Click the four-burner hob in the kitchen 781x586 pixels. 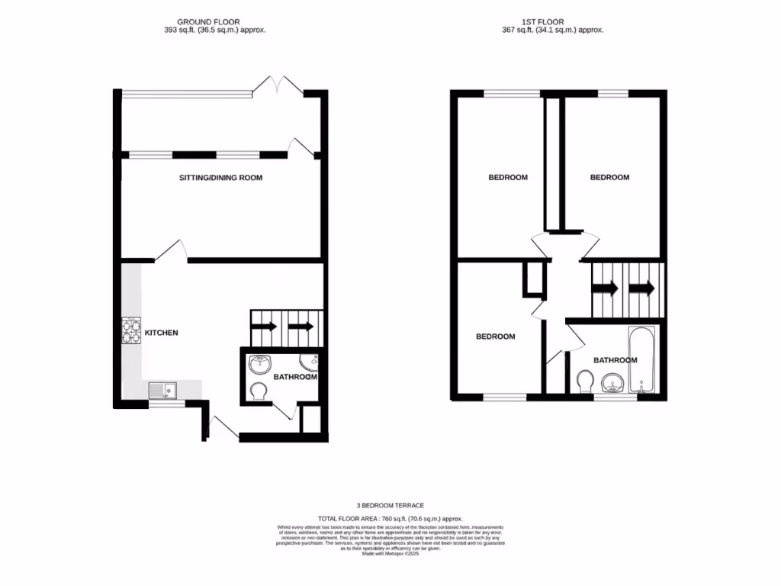click(130, 332)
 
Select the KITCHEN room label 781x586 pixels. click(162, 333)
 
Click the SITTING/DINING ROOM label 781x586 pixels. click(220, 178)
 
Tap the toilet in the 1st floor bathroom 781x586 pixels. click(585, 381)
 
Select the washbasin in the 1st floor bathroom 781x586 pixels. click(612, 382)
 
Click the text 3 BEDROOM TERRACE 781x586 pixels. click(390, 505)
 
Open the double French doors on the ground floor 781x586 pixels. click(278, 85)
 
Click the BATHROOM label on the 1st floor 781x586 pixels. click(615, 360)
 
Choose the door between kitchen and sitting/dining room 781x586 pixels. click(172, 252)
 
